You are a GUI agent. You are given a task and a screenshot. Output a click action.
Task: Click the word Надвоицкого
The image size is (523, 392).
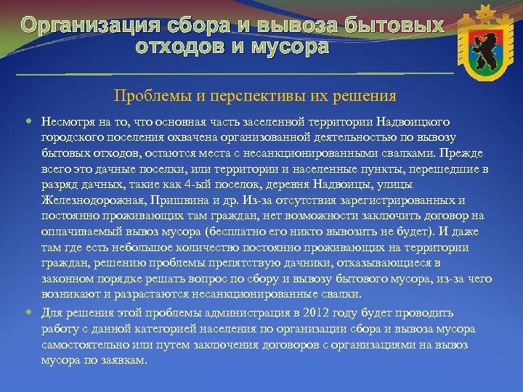pyautogui.click(x=417, y=121)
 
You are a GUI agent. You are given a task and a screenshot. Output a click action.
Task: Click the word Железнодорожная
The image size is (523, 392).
pyautogui.click(x=84, y=201)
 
